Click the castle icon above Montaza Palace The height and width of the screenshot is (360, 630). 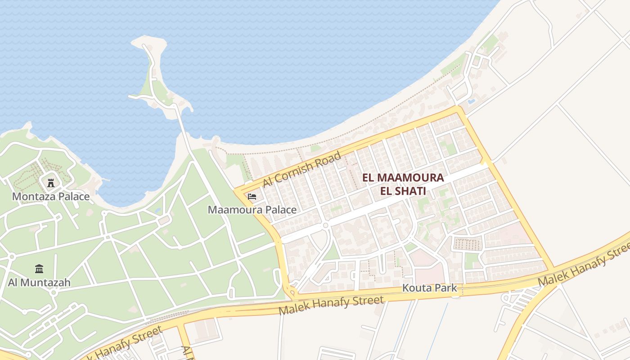(50, 183)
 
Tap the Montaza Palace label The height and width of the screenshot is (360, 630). (51, 197)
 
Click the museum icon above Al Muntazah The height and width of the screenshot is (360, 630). (39, 269)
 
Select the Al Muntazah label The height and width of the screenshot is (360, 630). (39, 283)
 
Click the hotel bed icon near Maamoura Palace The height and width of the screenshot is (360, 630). (252, 197)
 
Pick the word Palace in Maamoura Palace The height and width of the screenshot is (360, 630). (281, 210)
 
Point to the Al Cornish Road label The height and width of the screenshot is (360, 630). (302, 169)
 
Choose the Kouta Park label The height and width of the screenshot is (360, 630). (429, 288)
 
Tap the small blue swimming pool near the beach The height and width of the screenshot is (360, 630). (471, 102)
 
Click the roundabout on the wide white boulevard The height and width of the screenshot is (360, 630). (325, 225)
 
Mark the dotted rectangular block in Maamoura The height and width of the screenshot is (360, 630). (467, 244)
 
